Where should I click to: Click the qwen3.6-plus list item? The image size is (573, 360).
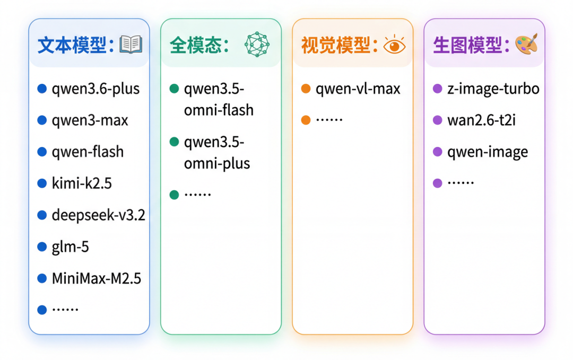(95, 89)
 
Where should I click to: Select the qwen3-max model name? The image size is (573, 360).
(90, 120)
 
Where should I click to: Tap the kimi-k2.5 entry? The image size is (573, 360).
(82, 184)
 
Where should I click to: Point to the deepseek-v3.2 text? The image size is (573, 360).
(98, 215)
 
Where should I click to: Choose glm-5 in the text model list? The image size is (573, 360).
(70, 247)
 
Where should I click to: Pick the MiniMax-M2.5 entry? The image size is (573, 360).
(97, 278)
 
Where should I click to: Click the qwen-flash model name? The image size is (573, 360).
(88, 152)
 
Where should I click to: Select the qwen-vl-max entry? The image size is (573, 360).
(358, 89)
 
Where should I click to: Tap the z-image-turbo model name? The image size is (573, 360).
(493, 89)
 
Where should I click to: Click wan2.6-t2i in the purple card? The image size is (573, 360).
(481, 120)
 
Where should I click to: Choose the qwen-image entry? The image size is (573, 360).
(488, 152)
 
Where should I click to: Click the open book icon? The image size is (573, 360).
(131, 45)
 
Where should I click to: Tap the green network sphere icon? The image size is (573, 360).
(257, 45)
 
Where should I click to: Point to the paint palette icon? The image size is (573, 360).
(526, 44)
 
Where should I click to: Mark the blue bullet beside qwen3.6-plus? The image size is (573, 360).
(42, 89)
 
